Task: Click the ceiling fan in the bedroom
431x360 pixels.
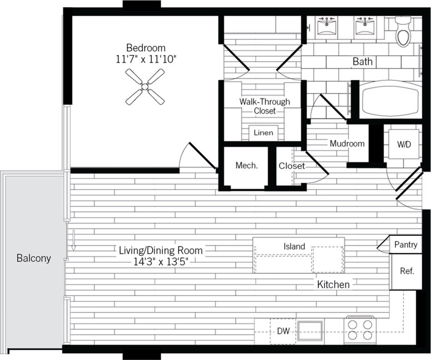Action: [x=145, y=86]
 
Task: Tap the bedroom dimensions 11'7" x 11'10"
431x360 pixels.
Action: [x=146, y=59]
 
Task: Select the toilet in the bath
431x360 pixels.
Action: [x=403, y=32]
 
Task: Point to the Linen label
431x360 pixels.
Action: [x=264, y=133]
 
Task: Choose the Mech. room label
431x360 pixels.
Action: [x=246, y=166]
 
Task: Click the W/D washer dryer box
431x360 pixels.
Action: [x=404, y=145]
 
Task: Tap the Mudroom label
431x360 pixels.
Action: [x=347, y=143]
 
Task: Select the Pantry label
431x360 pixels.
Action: [x=406, y=244]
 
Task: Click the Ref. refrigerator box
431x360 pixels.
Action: [x=406, y=271]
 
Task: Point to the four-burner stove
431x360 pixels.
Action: [x=360, y=330]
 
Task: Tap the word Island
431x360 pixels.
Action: [x=295, y=246]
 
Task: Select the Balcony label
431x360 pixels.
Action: [x=34, y=259]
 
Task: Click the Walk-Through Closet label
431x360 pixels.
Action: [x=265, y=106]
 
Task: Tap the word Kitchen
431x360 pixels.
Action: [x=334, y=284]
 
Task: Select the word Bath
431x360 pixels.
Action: [x=362, y=61]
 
